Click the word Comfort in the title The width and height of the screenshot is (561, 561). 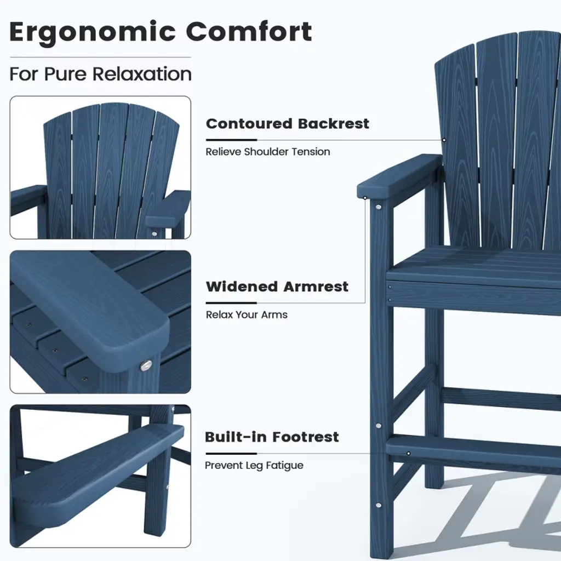[x=249, y=31]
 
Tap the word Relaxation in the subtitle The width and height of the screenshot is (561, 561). [x=142, y=74]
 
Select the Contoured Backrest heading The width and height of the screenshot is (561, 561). [x=287, y=123]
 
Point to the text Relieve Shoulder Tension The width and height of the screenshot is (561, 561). [x=267, y=152]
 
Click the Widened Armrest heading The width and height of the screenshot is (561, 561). [x=277, y=287]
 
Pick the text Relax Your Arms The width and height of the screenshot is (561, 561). [x=247, y=314]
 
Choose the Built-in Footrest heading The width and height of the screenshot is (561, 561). [x=272, y=437]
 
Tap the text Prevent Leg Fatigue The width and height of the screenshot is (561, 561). [x=254, y=465]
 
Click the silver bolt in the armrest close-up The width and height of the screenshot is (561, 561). [x=146, y=365]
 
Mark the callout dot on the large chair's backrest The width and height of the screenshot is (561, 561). [x=444, y=140]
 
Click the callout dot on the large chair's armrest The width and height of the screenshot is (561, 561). [x=365, y=197]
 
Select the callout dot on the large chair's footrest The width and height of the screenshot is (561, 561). [x=408, y=453]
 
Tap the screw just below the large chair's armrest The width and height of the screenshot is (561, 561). [x=378, y=207]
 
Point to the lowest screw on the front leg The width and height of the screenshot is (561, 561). [x=378, y=505]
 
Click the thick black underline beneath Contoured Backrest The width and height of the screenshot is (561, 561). [x=232, y=140]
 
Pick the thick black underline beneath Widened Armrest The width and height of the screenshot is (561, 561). [x=232, y=302]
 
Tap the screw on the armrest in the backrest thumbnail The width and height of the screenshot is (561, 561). [x=154, y=233]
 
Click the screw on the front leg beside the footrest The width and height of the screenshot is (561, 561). [x=378, y=425]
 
